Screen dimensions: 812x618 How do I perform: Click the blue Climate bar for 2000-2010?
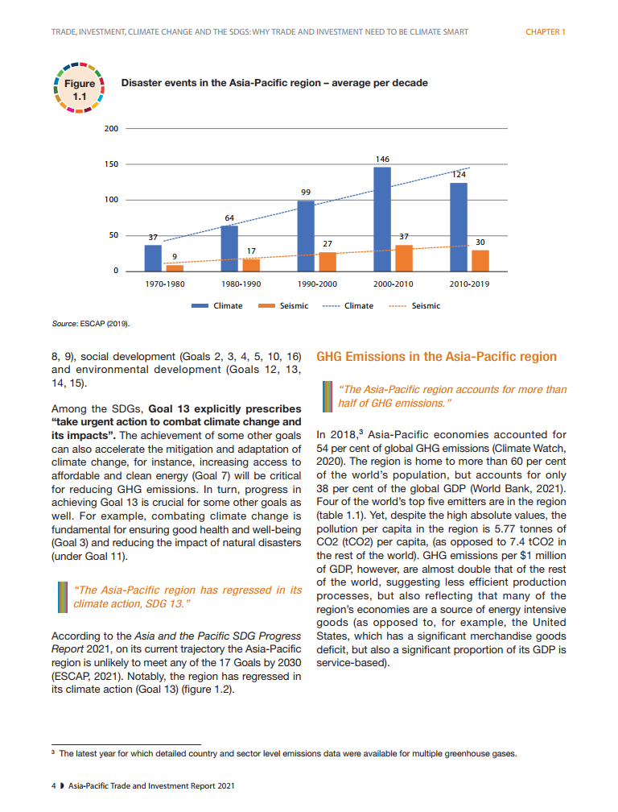[382, 219]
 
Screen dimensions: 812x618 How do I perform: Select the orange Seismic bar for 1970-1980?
[175, 267]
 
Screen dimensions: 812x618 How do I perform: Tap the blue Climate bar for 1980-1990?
[229, 248]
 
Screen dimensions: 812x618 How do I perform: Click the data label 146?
[382, 161]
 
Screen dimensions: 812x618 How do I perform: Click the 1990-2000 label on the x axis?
[316, 284]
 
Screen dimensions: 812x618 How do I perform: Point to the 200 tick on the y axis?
[112, 129]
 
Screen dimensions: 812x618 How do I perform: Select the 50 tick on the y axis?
[113, 235]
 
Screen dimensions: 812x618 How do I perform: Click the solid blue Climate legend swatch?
[200, 306]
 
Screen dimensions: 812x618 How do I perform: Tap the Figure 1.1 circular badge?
[79, 89]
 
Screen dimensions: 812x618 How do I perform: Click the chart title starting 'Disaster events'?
[274, 83]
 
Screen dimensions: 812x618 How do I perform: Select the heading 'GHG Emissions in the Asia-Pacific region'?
[436, 356]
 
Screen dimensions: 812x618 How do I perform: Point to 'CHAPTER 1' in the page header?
[546, 32]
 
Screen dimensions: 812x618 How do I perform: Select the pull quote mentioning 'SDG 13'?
[187, 596]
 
